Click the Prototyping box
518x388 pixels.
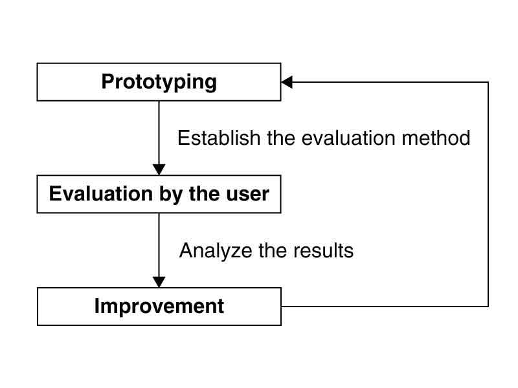(159, 82)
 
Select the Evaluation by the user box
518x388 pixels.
(159, 194)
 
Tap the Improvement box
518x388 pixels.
(159, 307)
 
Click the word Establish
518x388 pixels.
(219, 138)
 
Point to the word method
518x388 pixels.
(436, 138)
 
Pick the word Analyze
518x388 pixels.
(216, 250)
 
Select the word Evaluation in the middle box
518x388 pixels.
(101, 193)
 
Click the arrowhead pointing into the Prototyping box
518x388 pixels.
(287, 82)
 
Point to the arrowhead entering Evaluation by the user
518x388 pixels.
(159, 169)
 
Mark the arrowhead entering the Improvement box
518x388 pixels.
(159, 282)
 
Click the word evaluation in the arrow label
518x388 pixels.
(348, 138)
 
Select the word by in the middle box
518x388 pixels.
(171, 195)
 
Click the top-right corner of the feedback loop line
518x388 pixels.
(488, 82)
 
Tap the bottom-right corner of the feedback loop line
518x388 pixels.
(488, 306)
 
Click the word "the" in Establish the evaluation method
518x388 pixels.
(281, 138)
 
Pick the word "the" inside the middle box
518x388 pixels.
(205, 193)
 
